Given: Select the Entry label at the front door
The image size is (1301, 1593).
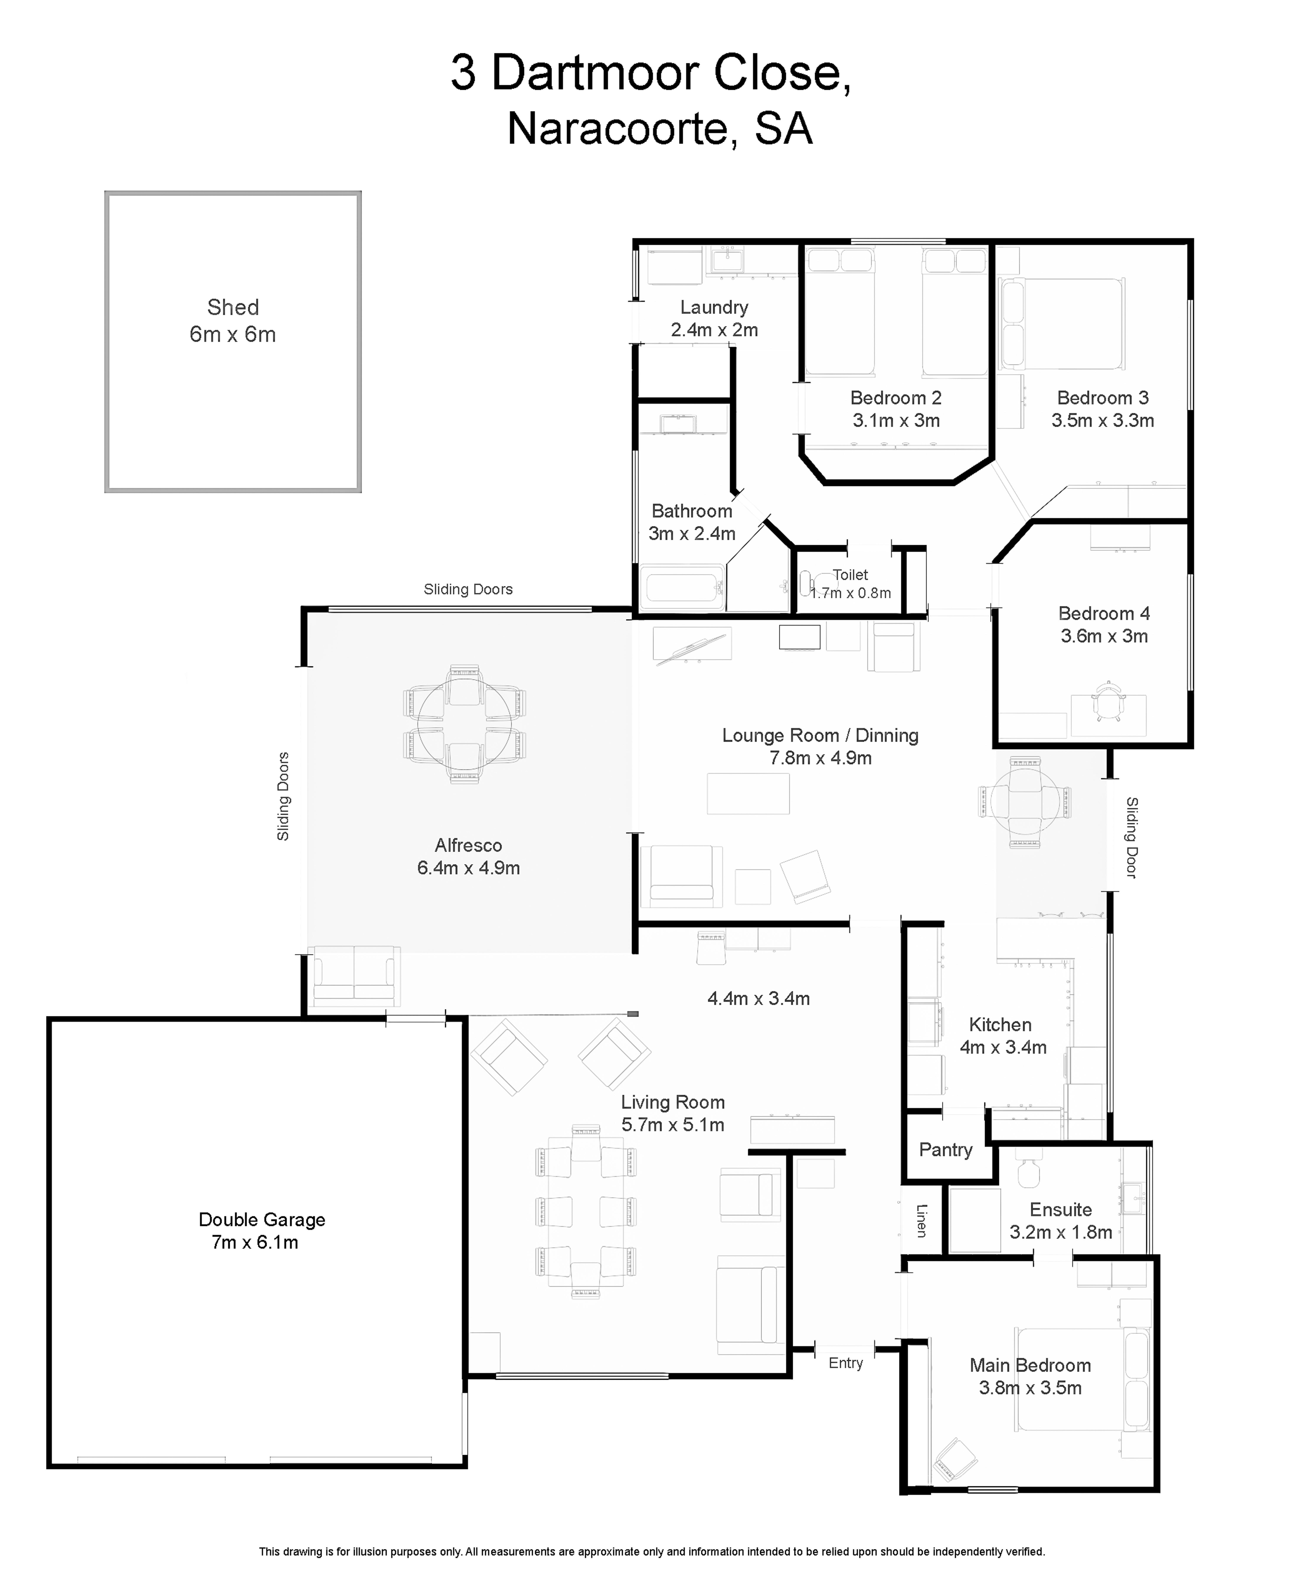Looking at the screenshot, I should [x=845, y=1363].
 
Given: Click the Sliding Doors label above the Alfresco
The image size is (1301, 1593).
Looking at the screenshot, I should [x=468, y=589].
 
